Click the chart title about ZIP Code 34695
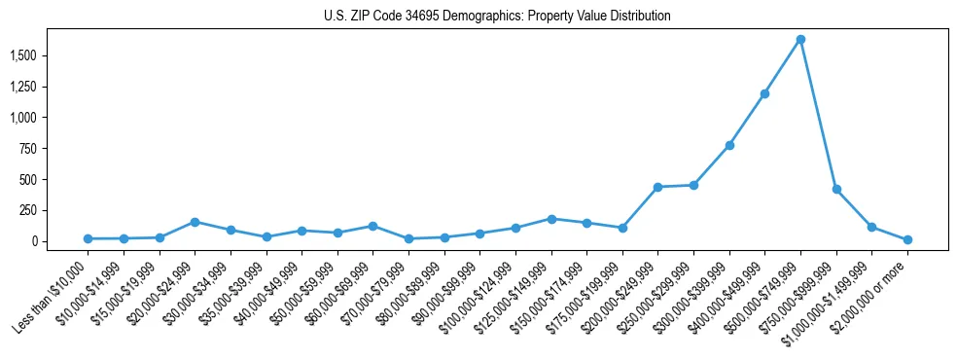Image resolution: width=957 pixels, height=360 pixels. [x=497, y=17]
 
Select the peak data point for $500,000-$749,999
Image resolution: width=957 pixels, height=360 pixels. [x=800, y=40]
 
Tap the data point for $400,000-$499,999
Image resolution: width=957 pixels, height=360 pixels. [x=764, y=94]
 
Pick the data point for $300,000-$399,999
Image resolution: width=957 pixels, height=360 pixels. [x=729, y=145]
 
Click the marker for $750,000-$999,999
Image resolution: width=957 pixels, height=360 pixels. [x=836, y=189]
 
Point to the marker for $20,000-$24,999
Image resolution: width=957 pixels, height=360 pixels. [x=195, y=222]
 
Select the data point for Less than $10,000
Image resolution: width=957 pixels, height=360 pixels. [x=88, y=238]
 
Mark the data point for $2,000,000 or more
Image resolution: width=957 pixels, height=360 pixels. [x=907, y=239]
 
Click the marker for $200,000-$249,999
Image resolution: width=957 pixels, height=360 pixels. [x=657, y=187]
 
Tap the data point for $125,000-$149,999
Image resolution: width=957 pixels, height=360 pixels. [x=551, y=219]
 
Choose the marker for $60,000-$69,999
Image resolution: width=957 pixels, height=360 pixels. [x=372, y=226]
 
